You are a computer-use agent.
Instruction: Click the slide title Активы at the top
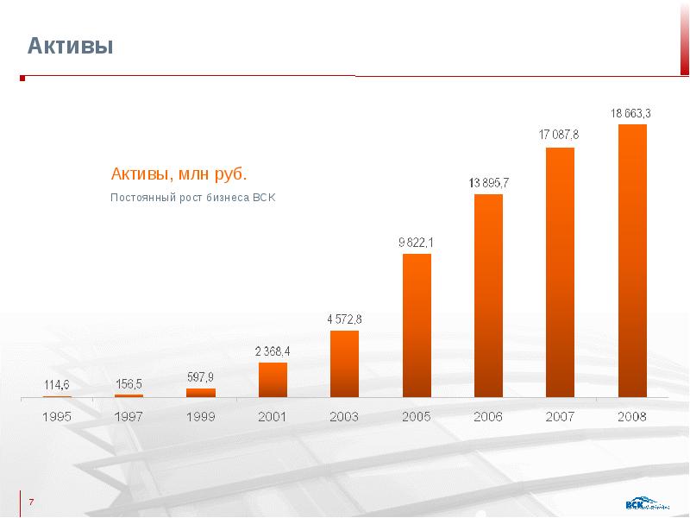[x=71, y=46]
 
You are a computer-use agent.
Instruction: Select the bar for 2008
[x=632, y=261]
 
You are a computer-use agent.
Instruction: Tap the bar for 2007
[x=560, y=272]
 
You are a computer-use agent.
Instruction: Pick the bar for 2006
[x=488, y=295]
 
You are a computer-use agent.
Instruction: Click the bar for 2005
[x=417, y=325]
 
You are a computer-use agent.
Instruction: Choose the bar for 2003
[x=344, y=363]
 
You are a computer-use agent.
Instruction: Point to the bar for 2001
[x=273, y=380]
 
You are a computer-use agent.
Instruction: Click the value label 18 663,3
[x=631, y=113]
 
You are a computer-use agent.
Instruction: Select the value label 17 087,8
[x=559, y=135]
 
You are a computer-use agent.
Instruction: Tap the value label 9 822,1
[x=416, y=243]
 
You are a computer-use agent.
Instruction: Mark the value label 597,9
[x=200, y=376]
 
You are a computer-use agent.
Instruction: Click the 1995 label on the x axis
[x=57, y=416]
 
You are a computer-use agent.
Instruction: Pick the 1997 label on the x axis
[x=129, y=416]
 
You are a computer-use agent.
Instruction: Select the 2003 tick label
[x=344, y=416]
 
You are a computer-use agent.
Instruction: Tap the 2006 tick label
[x=488, y=416]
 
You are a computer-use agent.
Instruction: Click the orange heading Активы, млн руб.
[x=179, y=174]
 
